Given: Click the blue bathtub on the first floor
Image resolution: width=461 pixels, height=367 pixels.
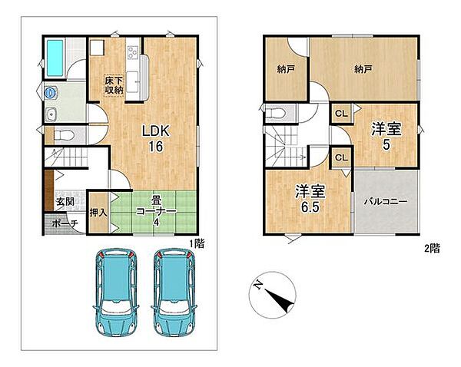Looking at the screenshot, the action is coord(55,58).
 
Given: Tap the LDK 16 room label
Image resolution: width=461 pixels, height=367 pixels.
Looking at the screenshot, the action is coord(155,139).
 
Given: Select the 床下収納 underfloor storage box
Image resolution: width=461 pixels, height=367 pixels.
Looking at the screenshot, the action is coord(114,85).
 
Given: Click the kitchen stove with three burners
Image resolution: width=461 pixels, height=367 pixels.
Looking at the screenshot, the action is coord(132,53).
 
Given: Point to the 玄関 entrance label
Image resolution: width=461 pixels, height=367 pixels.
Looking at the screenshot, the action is coord(65,202).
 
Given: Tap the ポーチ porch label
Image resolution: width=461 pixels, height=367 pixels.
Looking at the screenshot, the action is coord(65,223).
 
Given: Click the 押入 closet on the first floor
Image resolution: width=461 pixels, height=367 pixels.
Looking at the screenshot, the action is coord(98,213).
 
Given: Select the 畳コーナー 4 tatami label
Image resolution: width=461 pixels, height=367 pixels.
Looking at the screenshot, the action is coord(156,211).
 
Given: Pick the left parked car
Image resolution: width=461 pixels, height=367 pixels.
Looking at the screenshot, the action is coord(116,293).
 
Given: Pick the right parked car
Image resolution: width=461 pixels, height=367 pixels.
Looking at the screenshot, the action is coord(173,293).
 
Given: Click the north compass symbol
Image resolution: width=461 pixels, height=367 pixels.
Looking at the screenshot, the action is coord(272,295).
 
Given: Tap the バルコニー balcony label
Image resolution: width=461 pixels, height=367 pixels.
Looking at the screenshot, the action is coord(386,202).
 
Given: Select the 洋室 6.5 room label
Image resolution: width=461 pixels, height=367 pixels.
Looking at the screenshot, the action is coord(310,198).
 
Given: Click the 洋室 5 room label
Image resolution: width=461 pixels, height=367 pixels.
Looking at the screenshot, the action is coord(386,136).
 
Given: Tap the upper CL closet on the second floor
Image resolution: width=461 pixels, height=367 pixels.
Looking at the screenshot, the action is coord(341,114).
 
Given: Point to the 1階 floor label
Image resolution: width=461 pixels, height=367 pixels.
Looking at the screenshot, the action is coord(197,243).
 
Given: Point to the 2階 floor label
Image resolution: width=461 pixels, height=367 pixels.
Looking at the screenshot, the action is coord(433,249).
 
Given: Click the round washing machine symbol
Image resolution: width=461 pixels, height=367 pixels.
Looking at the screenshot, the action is coord(51,93).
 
